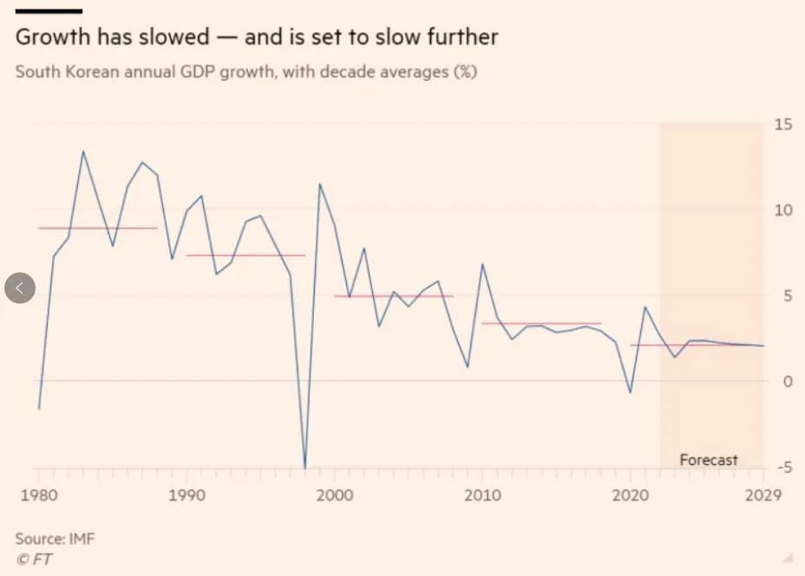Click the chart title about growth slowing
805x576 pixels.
[x=257, y=38]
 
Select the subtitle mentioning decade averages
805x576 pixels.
[x=246, y=72]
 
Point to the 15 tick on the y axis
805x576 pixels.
[x=783, y=125]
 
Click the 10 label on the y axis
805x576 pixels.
[x=783, y=210]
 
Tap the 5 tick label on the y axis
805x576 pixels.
[x=786, y=296]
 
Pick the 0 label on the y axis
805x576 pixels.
[x=786, y=381]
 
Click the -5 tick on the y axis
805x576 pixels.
[x=783, y=468]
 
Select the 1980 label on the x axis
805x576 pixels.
[x=39, y=495]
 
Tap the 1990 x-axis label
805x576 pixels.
[x=187, y=495]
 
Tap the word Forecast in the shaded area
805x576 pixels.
[x=709, y=460]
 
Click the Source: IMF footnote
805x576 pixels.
[x=56, y=539]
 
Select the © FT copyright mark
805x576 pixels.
[x=34, y=559]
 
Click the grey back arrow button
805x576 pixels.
[x=20, y=288]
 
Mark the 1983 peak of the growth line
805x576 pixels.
[x=83, y=152]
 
